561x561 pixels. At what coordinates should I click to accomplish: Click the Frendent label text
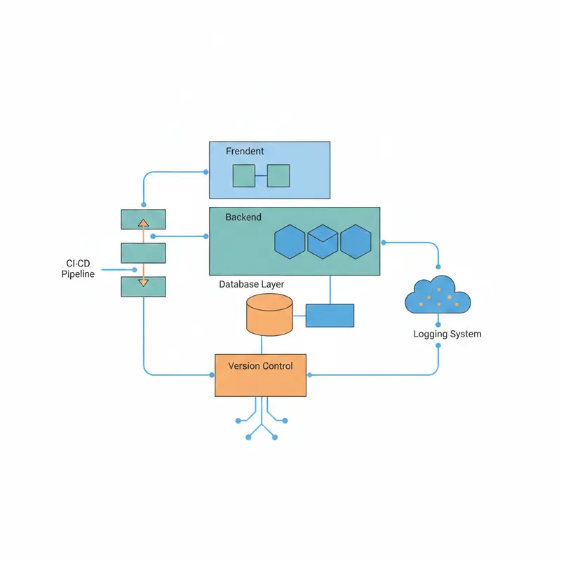coord(245,151)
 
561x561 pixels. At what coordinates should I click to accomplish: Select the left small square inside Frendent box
coord(244,175)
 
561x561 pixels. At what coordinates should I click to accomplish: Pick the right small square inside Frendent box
coord(278,175)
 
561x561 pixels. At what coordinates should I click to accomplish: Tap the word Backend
coord(243,217)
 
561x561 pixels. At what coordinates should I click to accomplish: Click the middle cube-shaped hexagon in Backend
coord(323,241)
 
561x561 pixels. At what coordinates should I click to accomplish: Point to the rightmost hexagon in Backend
coord(356,241)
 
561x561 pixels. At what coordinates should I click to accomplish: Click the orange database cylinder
coord(269,314)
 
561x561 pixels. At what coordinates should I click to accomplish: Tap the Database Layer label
coord(252,284)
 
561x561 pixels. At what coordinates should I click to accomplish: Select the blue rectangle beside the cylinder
coord(330,316)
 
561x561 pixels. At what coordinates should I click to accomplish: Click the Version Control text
coord(261,365)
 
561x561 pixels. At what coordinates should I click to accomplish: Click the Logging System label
coord(447,334)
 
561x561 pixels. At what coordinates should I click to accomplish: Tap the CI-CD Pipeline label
coord(78,269)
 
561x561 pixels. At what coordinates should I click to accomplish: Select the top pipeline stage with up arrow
coord(143,219)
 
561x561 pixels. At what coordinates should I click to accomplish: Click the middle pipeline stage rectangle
coord(143,252)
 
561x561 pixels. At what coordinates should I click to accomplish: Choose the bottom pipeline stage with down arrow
coord(143,285)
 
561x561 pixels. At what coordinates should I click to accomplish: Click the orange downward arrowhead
coord(143,283)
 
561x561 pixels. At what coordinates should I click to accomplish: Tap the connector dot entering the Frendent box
coord(205,172)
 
